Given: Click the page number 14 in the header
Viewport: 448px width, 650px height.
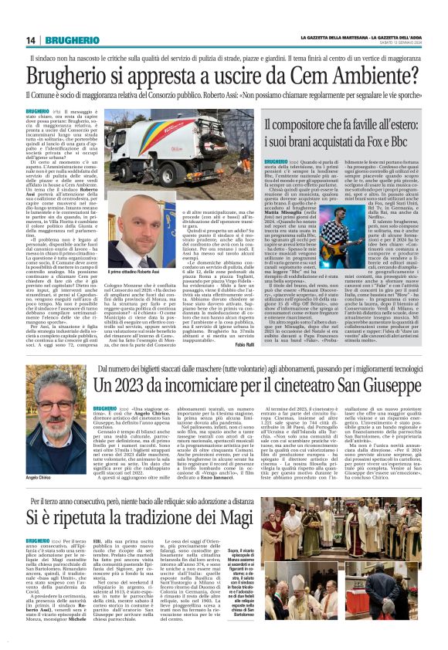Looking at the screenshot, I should point(31,40).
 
